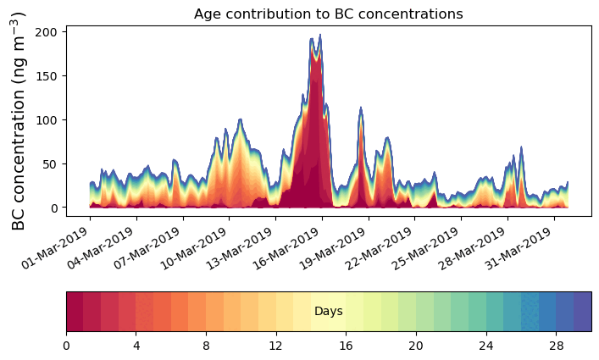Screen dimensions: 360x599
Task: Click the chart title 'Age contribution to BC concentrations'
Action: tap(328, 14)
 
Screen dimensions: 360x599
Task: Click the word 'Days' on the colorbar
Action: tap(328, 312)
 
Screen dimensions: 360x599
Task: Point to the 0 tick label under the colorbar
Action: tap(66, 346)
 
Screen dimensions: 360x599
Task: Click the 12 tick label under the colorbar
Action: tap(275, 346)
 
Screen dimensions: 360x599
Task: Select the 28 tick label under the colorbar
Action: tap(556, 346)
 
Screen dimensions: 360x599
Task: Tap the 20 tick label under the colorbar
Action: tap(416, 346)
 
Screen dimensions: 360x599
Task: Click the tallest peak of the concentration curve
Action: tap(319, 36)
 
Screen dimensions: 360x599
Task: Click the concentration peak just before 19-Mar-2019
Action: tap(361, 108)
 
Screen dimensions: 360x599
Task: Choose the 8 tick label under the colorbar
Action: tap(206, 346)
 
